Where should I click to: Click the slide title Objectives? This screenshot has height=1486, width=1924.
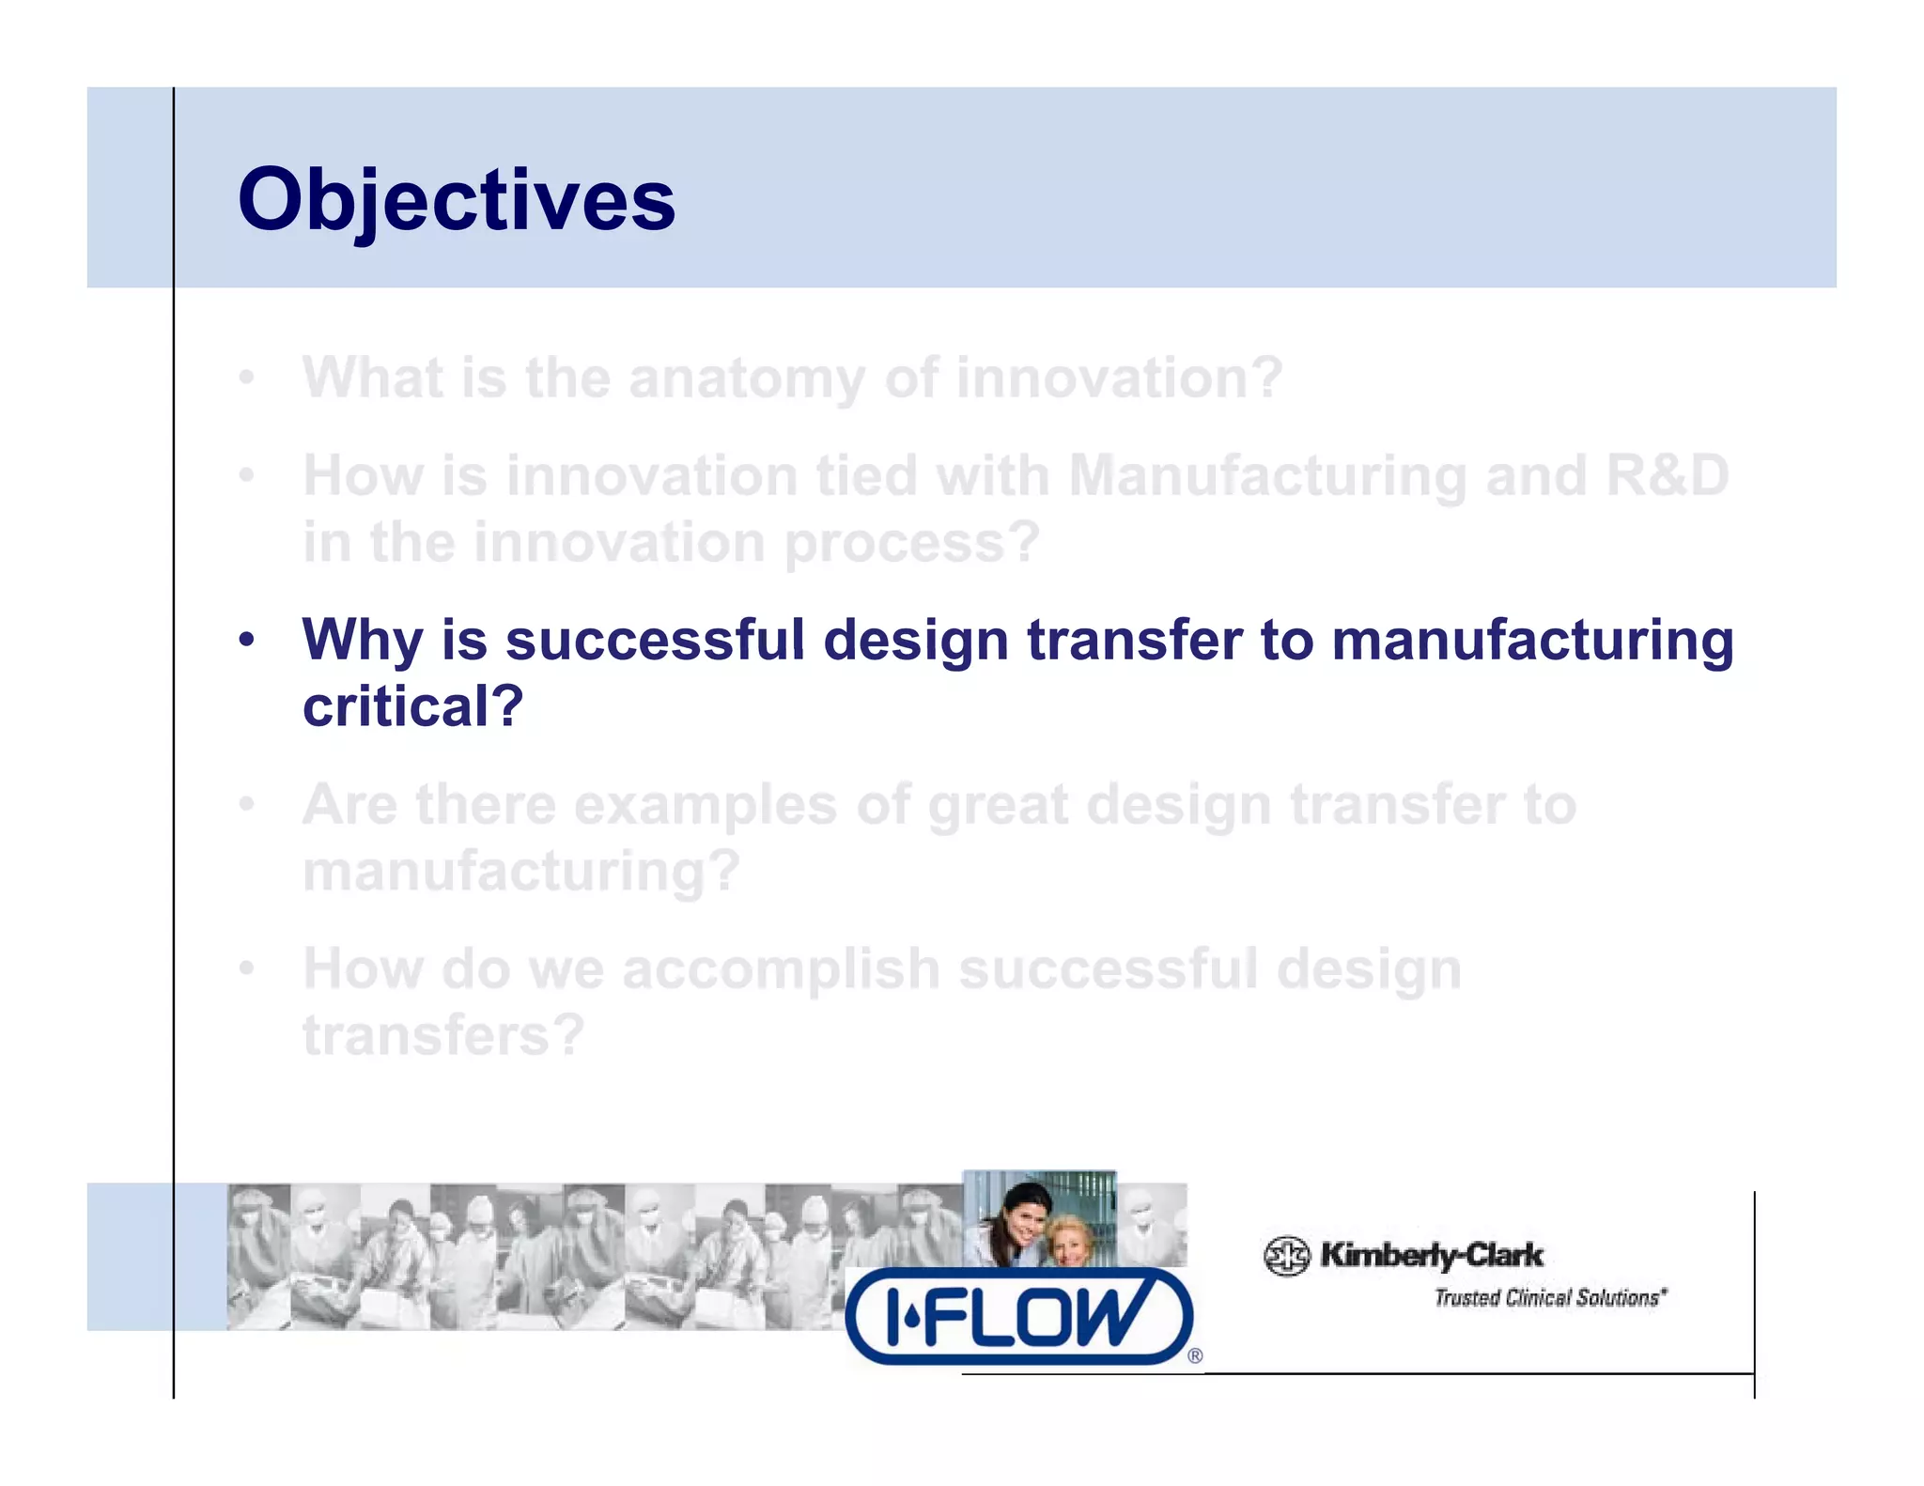coord(457,200)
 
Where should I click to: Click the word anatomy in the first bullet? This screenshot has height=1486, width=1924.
coord(746,379)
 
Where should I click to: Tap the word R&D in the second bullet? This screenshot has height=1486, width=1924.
coord(1667,475)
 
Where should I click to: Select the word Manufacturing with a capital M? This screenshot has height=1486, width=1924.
coord(1267,475)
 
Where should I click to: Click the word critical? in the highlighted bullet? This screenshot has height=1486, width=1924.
coord(412,706)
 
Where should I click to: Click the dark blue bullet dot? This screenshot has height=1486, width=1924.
coord(246,641)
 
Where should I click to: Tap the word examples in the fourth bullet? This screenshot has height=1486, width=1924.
coord(705,805)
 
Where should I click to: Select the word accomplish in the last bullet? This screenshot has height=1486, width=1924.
coord(781,969)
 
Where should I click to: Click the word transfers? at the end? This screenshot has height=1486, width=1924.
coord(443,1035)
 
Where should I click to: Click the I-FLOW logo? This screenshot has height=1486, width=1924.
coord(1018,1316)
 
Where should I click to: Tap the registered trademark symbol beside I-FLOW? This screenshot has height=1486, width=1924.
coord(1195,1355)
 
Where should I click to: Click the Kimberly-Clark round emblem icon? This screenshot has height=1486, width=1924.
coord(1286,1256)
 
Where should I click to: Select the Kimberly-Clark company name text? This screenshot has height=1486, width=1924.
coord(1431,1255)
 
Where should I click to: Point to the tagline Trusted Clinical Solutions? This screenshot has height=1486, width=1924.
coord(1549,1298)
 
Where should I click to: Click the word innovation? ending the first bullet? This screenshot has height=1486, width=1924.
coord(1119,379)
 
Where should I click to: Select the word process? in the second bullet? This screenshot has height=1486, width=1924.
coord(912,543)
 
